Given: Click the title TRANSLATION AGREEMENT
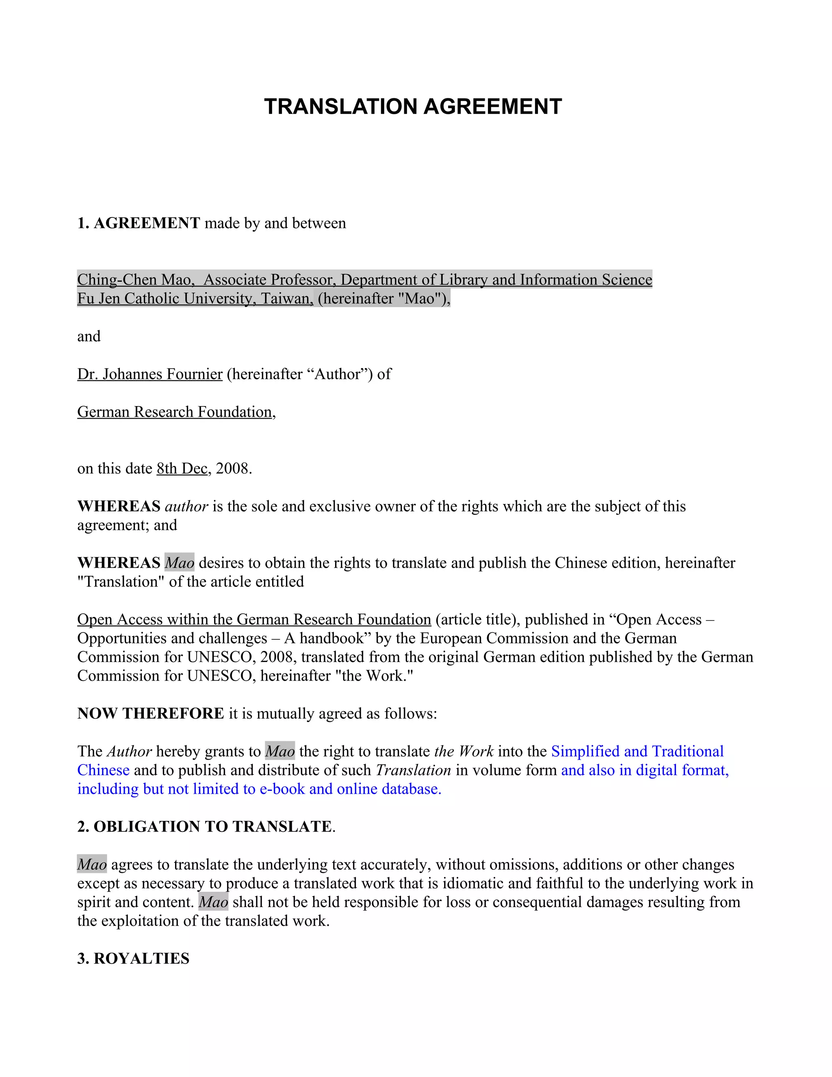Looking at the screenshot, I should [413, 106].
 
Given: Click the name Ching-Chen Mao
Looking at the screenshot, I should [134, 280].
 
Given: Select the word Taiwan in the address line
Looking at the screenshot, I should [286, 298].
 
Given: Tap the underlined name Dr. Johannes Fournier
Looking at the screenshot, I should [150, 374].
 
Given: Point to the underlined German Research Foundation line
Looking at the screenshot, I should [175, 412].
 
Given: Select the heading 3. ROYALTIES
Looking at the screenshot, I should [133, 958].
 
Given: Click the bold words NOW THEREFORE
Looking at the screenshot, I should [151, 713].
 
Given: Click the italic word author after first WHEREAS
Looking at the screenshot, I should [186, 506].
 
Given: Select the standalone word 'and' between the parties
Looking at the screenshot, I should [89, 337].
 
